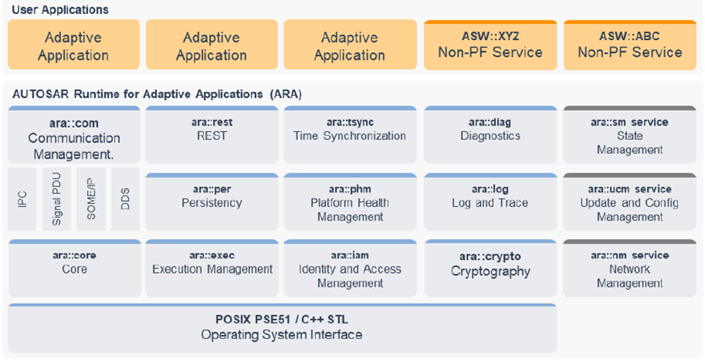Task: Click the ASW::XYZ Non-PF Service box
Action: pyautogui.click(x=491, y=45)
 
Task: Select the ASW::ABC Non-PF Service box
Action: pyautogui.click(x=630, y=45)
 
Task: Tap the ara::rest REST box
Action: pyautogui.click(x=212, y=135)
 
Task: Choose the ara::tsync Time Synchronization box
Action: pyautogui.click(x=350, y=135)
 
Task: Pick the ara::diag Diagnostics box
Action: pyautogui.click(x=491, y=135)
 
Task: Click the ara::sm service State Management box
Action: pyautogui.click(x=629, y=135)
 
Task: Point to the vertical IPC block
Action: pyautogui.click(x=22, y=199)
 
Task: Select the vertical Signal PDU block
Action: pyautogui.click(x=57, y=199)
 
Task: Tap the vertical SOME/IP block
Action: pyautogui.click(x=90, y=199)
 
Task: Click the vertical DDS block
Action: pyautogui.click(x=126, y=199)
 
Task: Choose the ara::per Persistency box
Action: pyautogui.click(x=212, y=202)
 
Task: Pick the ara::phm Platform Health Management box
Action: pyautogui.click(x=350, y=202)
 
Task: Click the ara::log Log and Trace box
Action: pyautogui.click(x=491, y=202)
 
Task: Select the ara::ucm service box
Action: pyautogui.click(x=629, y=202)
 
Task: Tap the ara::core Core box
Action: pyautogui.click(x=75, y=268)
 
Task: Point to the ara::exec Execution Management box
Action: pyautogui.click(x=212, y=268)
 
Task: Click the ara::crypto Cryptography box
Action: pyautogui.click(x=491, y=268)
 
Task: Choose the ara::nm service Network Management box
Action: pyautogui.click(x=629, y=268)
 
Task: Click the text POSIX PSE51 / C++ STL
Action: pyautogui.click(x=281, y=320)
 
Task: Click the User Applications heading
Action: pyautogui.click(x=60, y=10)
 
